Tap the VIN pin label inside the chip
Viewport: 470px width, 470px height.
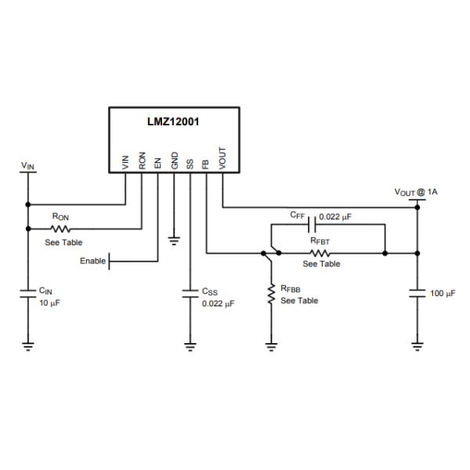126,162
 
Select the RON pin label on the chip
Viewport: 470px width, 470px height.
142,161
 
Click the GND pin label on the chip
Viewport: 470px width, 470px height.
175,161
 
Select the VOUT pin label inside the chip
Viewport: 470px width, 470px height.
222,160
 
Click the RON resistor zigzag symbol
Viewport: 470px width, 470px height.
60,229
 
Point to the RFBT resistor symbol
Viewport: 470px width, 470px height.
320,253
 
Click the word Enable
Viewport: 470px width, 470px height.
92,261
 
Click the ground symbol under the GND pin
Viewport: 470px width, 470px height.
175,237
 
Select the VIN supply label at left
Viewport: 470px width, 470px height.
27,166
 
